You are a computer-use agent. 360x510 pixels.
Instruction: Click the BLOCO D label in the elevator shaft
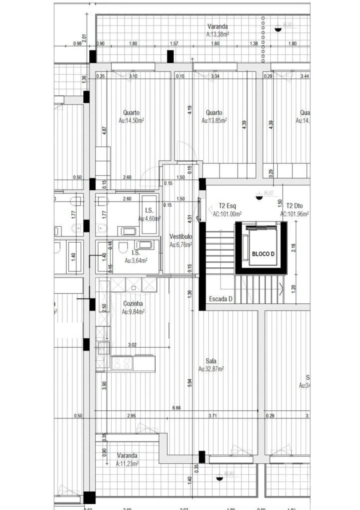pyautogui.click(x=263, y=253)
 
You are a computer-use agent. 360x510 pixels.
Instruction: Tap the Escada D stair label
pyautogui.click(x=221, y=299)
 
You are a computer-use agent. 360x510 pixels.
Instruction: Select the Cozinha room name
pyautogui.click(x=133, y=304)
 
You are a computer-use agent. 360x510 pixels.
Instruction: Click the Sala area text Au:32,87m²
pyautogui.click(x=211, y=369)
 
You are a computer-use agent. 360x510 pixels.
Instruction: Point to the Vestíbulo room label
pyautogui.click(x=180, y=236)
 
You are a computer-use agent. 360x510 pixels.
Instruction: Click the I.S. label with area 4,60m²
pyautogui.click(x=149, y=210)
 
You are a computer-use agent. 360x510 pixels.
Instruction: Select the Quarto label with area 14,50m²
pyautogui.click(x=132, y=113)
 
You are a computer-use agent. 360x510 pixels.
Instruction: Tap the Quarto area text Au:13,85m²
pyautogui.click(x=214, y=120)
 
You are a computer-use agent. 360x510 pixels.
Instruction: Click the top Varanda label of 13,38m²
pyautogui.click(x=218, y=27)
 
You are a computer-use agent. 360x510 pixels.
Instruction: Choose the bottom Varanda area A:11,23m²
pyautogui.click(x=127, y=464)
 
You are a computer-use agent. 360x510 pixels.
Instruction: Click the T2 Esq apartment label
pyautogui.click(x=227, y=206)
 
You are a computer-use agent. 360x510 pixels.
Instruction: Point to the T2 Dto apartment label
pyautogui.click(x=294, y=206)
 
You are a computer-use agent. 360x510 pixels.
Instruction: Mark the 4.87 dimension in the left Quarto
pyautogui.click(x=104, y=131)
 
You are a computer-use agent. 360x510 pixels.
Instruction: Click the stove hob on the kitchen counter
pyautogui.click(x=122, y=363)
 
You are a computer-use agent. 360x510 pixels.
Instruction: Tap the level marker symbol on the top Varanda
pyautogui.click(x=278, y=28)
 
